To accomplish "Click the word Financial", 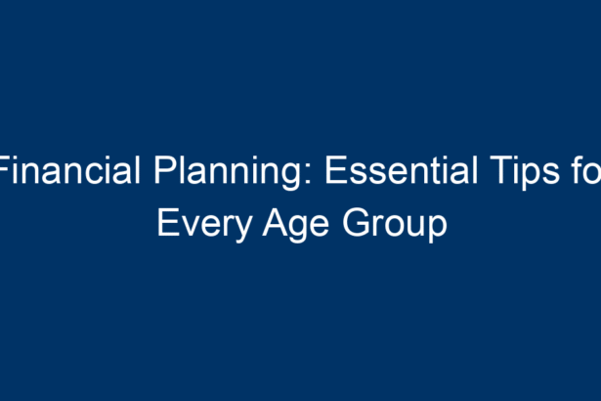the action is [x=69, y=170].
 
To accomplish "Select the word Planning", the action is [x=228, y=173].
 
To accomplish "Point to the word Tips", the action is [x=525, y=173].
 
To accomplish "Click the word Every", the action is [x=205, y=225].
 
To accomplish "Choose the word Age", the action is [x=296, y=225].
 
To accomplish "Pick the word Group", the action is [x=395, y=225].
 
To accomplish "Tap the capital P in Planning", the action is [x=165, y=170].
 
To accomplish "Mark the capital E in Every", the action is [x=168, y=223].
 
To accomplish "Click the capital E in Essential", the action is [x=336, y=170].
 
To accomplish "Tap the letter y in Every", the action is [x=242, y=230].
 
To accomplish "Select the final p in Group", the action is [x=438, y=230].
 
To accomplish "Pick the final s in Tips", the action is [x=552, y=174].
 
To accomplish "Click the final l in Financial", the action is [x=139, y=170].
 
